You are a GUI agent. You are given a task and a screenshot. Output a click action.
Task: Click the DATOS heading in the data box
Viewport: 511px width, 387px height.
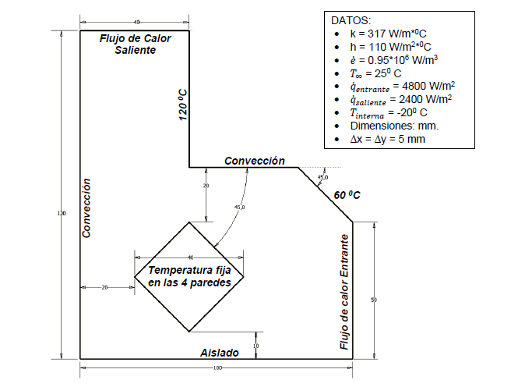(351, 19)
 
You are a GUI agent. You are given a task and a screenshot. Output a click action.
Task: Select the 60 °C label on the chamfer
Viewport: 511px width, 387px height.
(347, 195)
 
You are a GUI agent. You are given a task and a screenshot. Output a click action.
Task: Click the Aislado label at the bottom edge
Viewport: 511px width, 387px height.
(219, 353)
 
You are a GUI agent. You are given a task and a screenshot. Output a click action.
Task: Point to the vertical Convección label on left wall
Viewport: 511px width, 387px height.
(88, 208)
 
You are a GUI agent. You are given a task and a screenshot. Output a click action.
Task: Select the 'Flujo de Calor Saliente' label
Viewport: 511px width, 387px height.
(135, 44)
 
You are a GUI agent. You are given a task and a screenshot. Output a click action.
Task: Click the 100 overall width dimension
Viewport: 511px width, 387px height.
(217, 367)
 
